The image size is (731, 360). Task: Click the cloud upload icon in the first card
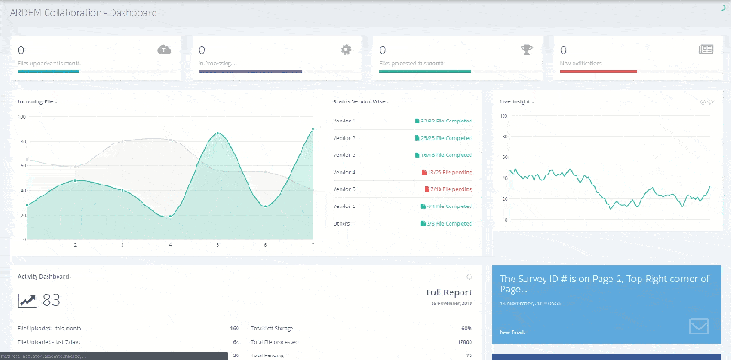click(x=164, y=49)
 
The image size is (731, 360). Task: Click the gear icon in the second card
click(x=345, y=49)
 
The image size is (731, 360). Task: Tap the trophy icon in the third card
click(x=526, y=49)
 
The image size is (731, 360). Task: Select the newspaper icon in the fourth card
click(x=705, y=49)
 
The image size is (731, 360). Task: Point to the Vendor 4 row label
click(x=344, y=172)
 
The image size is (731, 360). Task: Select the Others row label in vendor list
click(x=344, y=223)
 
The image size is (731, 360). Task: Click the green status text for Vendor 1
click(x=443, y=121)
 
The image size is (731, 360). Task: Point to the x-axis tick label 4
click(x=170, y=246)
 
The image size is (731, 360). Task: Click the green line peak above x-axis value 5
click(x=218, y=133)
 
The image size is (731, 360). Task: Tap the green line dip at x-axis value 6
click(x=266, y=206)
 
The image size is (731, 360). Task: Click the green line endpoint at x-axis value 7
click(x=313, y=129)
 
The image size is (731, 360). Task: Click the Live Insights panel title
click(x=516, y=101)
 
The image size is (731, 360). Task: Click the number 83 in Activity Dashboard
click(x=51, y=301)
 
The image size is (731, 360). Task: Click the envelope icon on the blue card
click(x=700, y=325)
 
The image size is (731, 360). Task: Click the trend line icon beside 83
click(x=27, y=301)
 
